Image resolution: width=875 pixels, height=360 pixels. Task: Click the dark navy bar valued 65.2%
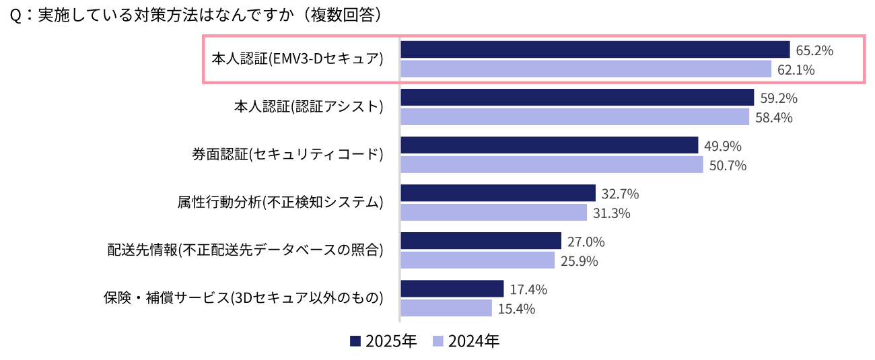coord(595,50)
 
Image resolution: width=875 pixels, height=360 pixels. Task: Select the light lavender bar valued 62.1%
coord(586,69)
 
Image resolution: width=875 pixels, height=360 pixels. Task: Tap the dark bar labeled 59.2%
coord(577,98)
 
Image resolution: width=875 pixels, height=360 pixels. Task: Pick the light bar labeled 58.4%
coord(575,117)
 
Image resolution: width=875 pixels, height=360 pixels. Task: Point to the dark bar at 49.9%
coord(549,145)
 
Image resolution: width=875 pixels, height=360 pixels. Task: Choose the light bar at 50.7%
coord(552,165)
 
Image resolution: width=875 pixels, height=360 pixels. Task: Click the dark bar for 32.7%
coord(498,194)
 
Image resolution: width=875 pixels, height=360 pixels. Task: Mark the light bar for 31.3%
coord(494,213)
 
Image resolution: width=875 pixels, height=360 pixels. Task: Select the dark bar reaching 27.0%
coord(481,241)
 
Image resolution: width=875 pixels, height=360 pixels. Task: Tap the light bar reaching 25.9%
coord(478,260)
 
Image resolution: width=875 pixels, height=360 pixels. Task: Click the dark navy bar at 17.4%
coord(452,289)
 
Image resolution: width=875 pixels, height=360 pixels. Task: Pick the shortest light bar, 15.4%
coord(446,308)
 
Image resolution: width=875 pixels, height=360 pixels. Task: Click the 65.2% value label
coord(814,50)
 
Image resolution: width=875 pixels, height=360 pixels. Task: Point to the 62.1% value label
coord(796,70)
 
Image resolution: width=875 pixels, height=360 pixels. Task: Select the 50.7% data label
coord(728,166)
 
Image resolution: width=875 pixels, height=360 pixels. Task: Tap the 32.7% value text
coord(620,194)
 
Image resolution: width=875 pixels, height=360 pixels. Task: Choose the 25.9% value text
coord(579,261)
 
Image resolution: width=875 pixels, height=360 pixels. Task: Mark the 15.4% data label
coord(516,310)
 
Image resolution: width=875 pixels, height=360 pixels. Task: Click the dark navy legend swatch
coord(355,341)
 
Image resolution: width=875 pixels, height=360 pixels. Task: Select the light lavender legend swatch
coord(438,341)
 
